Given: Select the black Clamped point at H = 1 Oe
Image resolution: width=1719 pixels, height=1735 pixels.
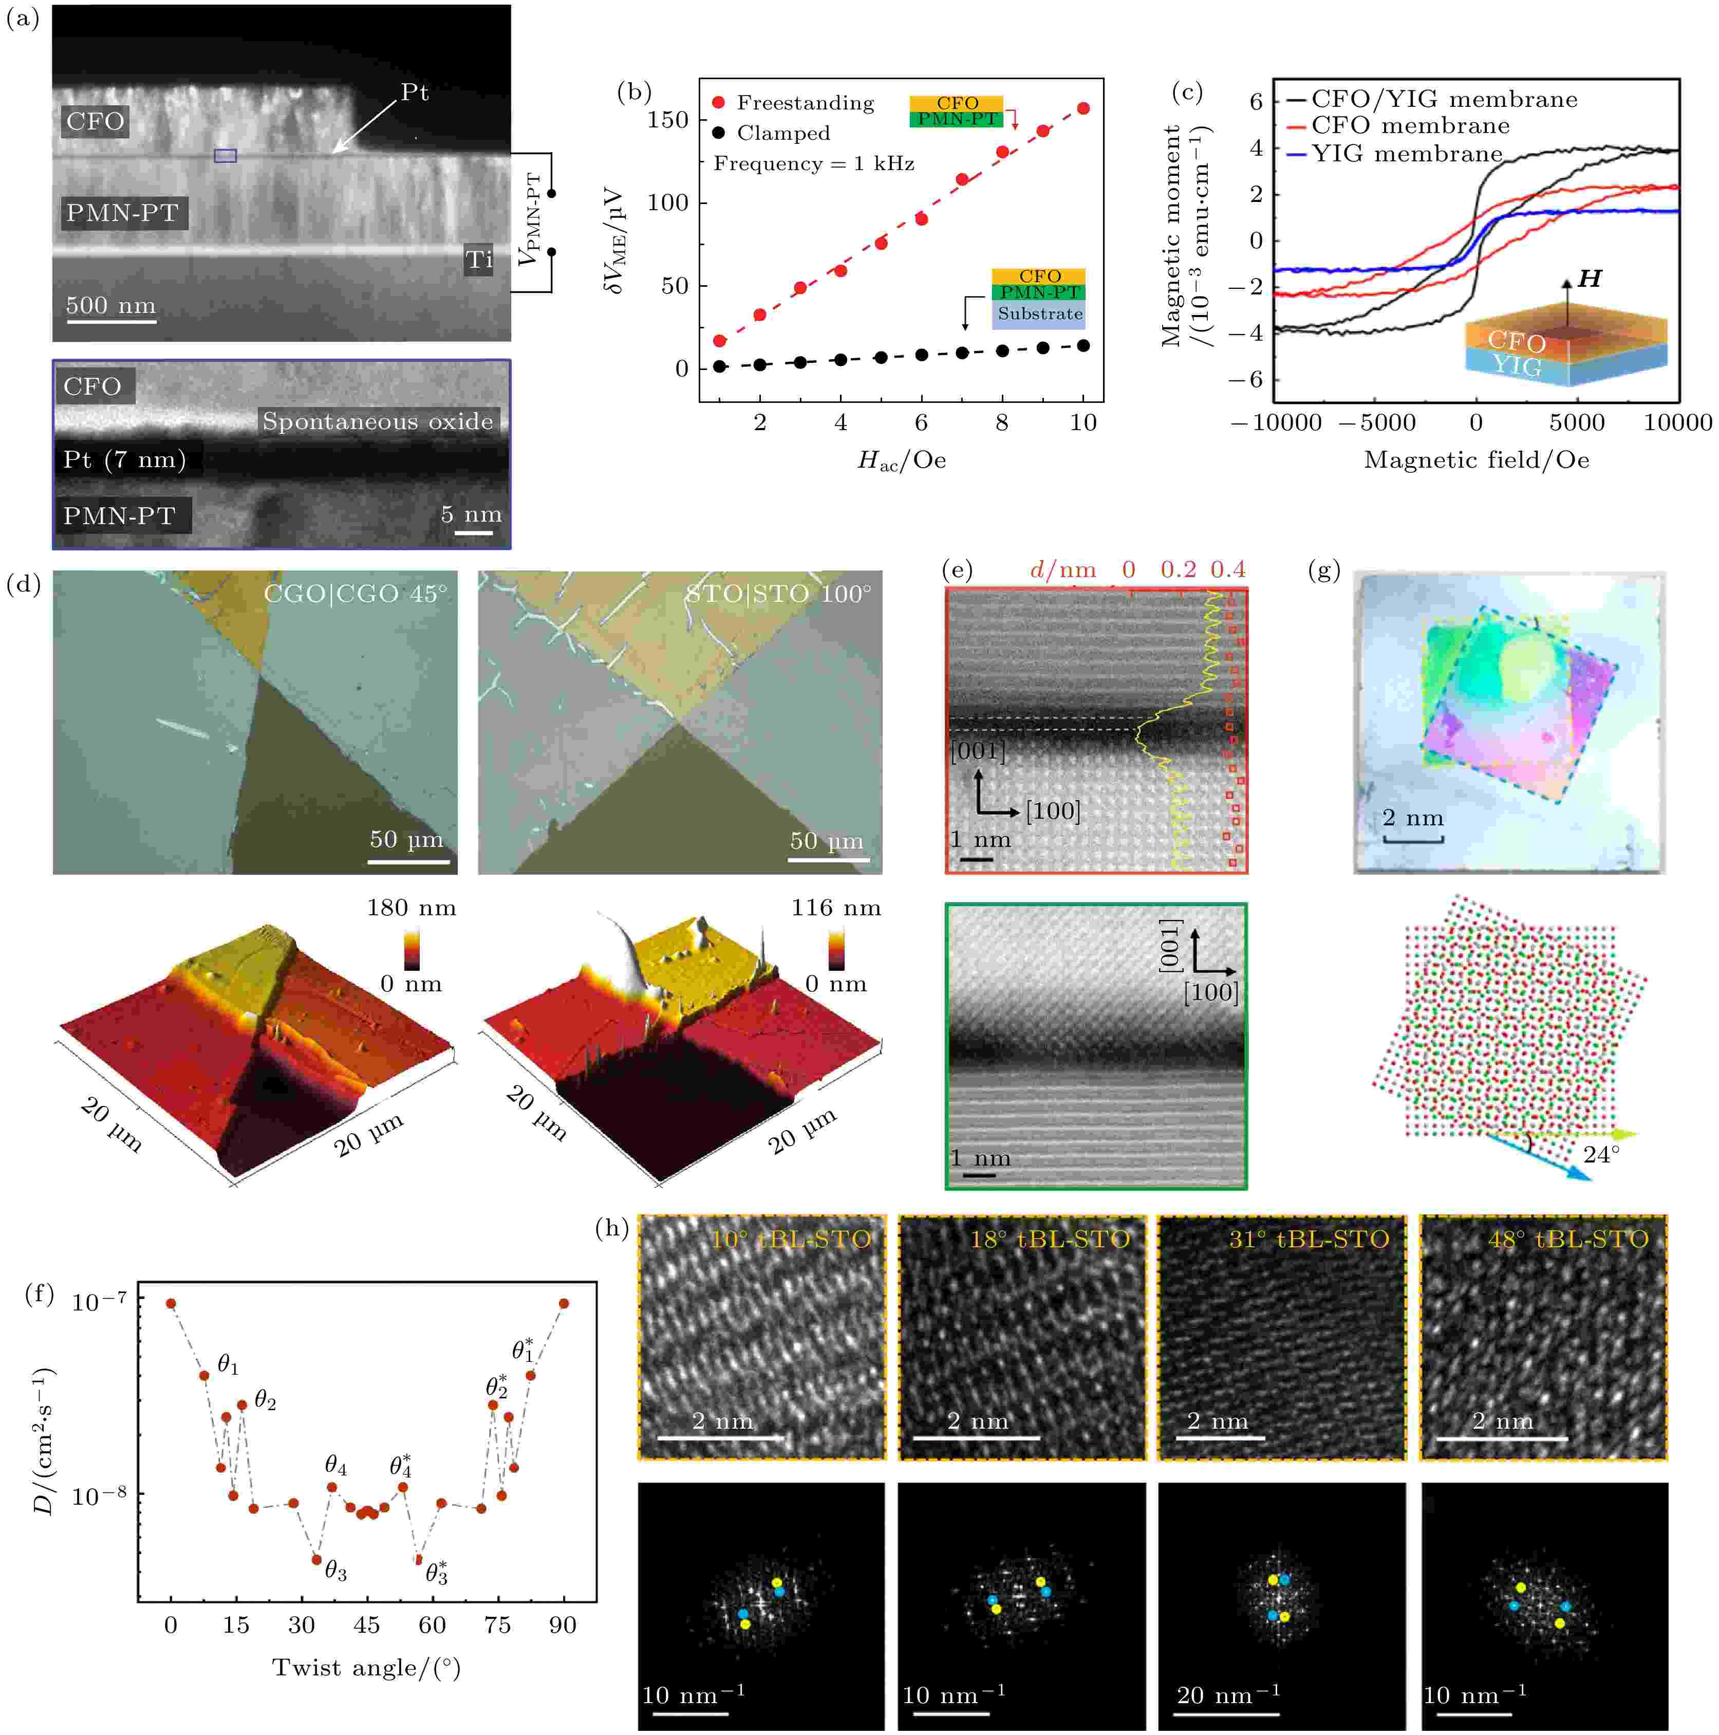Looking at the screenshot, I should [x=719, y=366].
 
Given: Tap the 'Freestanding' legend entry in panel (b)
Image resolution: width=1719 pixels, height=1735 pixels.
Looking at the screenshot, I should [x=805, y=103].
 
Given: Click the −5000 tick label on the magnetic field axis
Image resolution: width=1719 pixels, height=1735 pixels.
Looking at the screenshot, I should [x=1376, y=423].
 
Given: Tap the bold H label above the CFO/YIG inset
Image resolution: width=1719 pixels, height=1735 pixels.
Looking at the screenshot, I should [x=1590, y=279].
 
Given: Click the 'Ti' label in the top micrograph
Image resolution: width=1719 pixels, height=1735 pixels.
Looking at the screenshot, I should [x=478, y=261].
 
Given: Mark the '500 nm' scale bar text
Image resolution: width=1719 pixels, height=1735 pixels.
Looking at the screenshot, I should [x=110, y=305].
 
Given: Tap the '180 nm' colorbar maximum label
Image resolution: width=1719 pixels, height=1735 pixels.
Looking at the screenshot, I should [x=411, y=908].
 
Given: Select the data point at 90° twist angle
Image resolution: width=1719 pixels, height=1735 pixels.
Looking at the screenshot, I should [x=564, y=1303].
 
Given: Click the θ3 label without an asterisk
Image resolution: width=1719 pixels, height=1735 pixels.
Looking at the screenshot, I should [x=335, y=1571].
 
